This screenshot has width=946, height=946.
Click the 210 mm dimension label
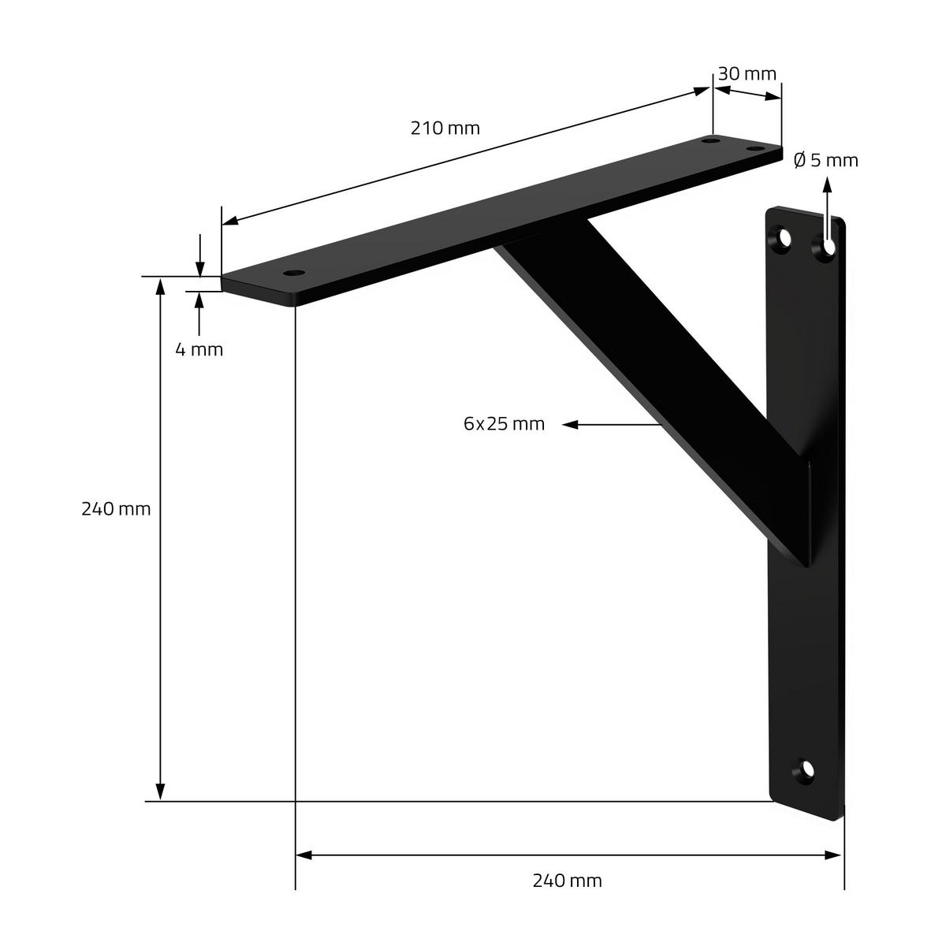(445, 128)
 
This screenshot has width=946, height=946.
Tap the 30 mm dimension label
(747, 74)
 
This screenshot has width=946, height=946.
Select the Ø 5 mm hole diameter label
(826, 161)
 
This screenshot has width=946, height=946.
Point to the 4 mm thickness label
(199, 350)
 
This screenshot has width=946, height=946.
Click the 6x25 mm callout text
(505, 424)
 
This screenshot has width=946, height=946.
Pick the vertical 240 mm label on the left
(116, 509)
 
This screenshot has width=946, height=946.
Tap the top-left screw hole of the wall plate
(783, 239)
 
